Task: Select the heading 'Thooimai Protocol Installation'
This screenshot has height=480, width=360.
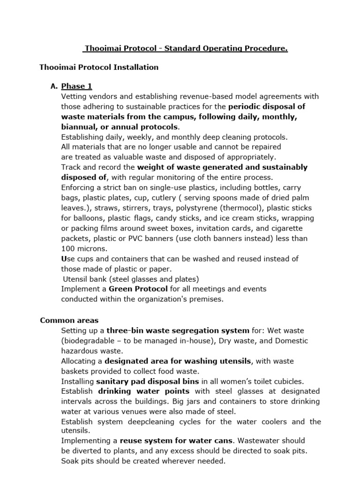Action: pos(99,67)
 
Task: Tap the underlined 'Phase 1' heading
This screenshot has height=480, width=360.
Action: pos(77,86)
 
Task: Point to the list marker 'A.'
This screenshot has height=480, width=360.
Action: pos(53,86)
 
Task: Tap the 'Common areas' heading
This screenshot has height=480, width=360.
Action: pos(69,320)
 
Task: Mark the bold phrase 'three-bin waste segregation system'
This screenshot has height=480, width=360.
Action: pos(177,330)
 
